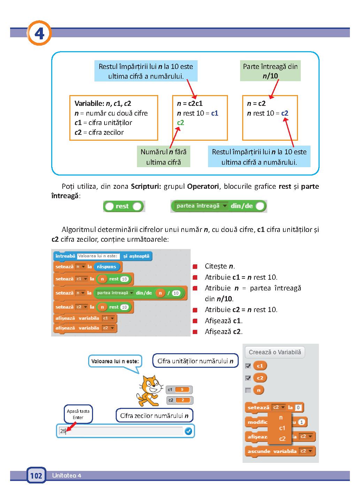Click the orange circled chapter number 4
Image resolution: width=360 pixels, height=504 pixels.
39,33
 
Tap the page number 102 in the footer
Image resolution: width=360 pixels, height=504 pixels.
36,475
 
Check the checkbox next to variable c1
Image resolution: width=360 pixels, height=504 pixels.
248,366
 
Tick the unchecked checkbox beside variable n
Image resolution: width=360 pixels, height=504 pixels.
248,390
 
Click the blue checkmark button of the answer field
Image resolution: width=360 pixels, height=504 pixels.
188,431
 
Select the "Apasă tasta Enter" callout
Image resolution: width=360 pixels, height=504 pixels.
78,414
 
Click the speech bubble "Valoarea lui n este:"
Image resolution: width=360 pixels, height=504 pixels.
115,361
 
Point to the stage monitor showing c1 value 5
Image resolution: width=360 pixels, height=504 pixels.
179,390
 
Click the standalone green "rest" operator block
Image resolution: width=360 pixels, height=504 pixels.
124,206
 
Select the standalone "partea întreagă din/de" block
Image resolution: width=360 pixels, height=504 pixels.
219,206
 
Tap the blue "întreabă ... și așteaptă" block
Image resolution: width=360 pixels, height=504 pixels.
103,256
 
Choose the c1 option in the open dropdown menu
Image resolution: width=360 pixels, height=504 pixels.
282,428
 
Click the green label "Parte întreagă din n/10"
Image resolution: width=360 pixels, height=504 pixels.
270,71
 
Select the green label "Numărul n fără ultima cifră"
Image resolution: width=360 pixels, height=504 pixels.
163,157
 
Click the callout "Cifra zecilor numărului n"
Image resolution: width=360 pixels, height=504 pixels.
154,416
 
